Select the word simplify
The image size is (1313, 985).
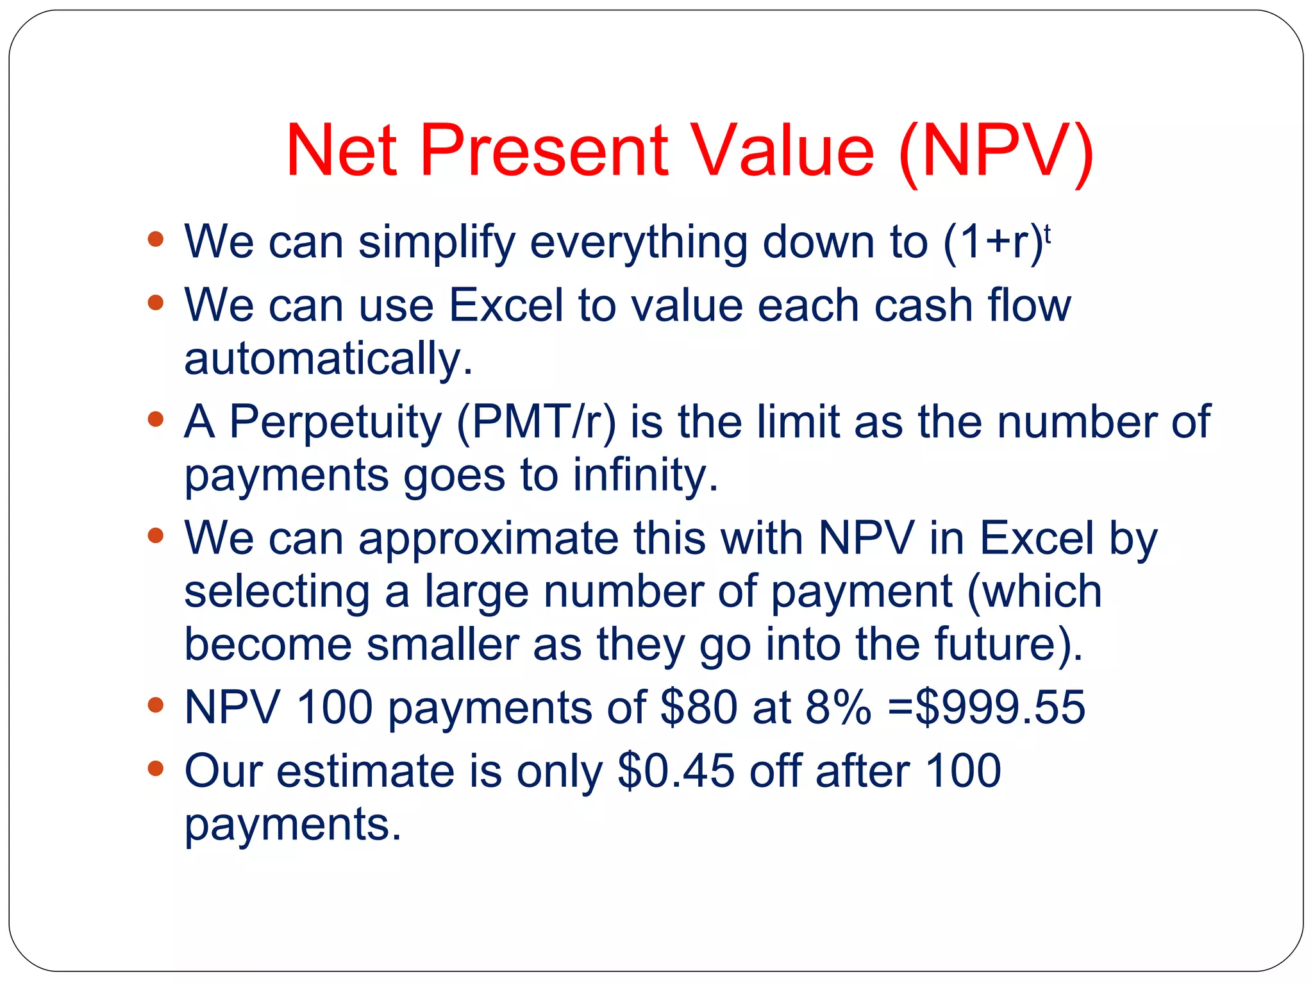point(437,242)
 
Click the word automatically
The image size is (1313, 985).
point(328,359)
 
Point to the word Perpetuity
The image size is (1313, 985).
point(335,423)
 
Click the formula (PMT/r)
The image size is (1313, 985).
point(536,423)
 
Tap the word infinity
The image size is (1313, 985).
point(645,475)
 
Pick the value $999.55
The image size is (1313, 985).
point(1000,708)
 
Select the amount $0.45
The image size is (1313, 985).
point(676,771)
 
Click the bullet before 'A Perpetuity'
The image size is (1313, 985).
point(155,419)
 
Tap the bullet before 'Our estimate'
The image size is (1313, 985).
point(155,768)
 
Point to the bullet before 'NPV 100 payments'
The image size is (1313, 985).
point(155,705)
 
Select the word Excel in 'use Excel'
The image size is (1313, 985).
point(505,305)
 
